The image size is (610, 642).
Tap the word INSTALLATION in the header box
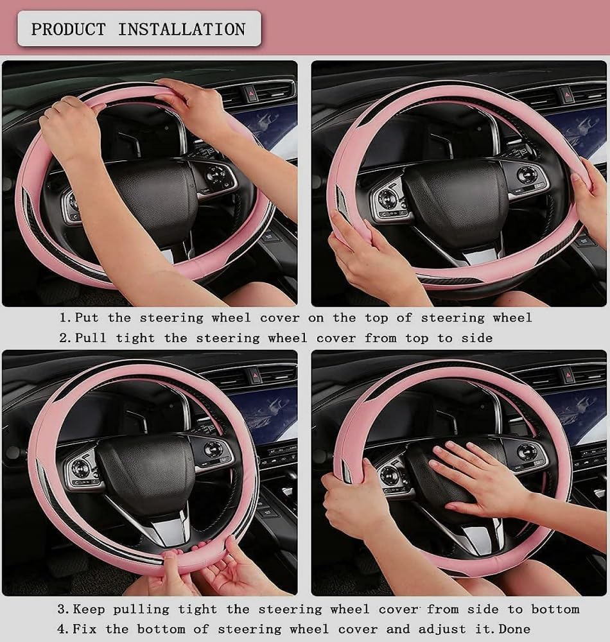tap(181, 29)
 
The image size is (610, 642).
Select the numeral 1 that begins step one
tap(63, 318)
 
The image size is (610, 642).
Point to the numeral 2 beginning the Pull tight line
tap(63, 338)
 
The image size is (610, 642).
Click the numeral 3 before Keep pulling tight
tap(63, 609)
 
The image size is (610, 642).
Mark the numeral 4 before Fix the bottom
tap(63, 629)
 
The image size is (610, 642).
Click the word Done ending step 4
tap(514, 629)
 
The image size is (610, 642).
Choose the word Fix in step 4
tap(86, 629)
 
